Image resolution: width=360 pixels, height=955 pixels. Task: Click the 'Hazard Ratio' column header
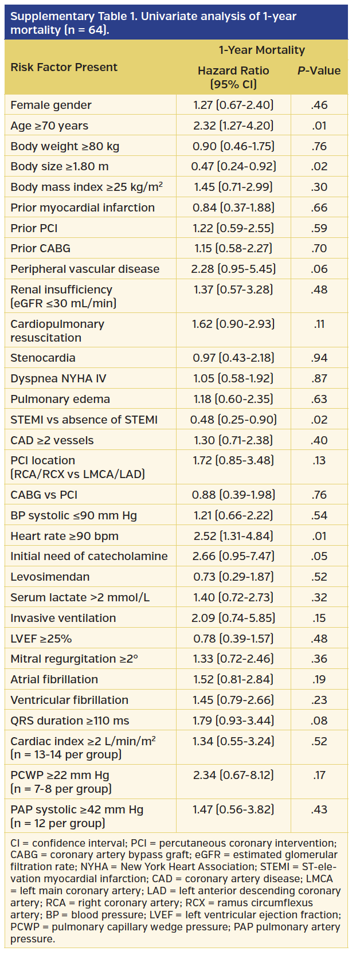click(x=233, y=71)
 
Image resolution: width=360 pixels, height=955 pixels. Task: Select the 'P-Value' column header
click(x=319, y=71)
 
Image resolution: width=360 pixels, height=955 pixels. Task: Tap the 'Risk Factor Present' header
click(x=64, y=67)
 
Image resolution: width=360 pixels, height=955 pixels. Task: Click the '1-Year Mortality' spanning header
click(x=261, y=50)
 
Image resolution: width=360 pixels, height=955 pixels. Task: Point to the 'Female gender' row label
click(x=51, y=105)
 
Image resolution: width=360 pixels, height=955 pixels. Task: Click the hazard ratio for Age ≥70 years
click(x=233, y=126)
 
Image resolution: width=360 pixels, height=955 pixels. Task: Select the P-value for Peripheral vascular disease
click(x=319, y=269)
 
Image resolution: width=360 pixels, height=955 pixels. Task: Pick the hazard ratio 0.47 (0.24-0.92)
click(x=233, y=166)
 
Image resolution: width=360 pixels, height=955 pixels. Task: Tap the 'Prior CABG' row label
click(x=40, y=248)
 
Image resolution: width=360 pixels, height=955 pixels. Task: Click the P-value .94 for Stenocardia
click(x=319, y=358)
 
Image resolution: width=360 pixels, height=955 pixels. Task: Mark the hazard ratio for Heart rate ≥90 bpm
click(x=233, y=536)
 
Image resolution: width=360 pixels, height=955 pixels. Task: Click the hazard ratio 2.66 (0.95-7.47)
click(x=233, y=556)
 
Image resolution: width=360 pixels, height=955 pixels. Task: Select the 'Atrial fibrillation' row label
click(x=54, y=679)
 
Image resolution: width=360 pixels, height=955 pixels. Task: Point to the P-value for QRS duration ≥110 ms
click(x=319, y=721)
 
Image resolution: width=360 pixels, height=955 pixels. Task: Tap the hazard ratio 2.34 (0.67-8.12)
click(x=233, y=775)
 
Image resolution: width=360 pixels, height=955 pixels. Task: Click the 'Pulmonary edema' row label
click(x=60, y=399)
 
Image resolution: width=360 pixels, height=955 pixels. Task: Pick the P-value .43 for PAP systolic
click(x=319, y=809)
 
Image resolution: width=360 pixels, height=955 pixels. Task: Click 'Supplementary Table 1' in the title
click(x=72, y=16)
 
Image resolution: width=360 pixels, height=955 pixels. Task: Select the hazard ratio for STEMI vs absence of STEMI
click(x=233, y=420)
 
